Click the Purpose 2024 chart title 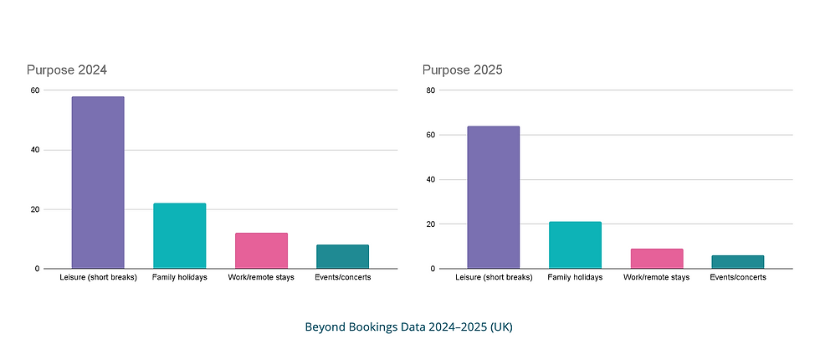(x=66, y=69)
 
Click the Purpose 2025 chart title (x=462, y=69)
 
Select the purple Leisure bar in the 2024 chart (x=98, y=183)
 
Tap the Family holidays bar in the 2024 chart (x=179, y=236)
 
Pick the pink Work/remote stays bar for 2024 (x=261, y=250)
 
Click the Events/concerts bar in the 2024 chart (x=342, y=256)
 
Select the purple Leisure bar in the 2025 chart (x=493, y=198)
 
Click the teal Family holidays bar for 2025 (x=575, y=245)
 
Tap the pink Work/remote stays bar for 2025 (x=657, y=259)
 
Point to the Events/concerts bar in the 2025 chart (x=738, y=262)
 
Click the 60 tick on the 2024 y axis (x=34, y=90)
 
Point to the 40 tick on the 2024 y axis (x=34, y=150)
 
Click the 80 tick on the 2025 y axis (x=430, y=90)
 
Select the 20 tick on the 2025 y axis (x=430, y=224)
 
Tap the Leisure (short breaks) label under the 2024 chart (x=98, y=277)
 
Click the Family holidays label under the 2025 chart (x=575, y=277)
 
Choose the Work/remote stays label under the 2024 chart (x=261, y=277)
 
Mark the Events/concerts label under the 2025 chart (x=738, y=277)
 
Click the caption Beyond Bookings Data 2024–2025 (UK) (x=408, y=327)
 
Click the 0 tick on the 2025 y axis (x=433, y=269)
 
